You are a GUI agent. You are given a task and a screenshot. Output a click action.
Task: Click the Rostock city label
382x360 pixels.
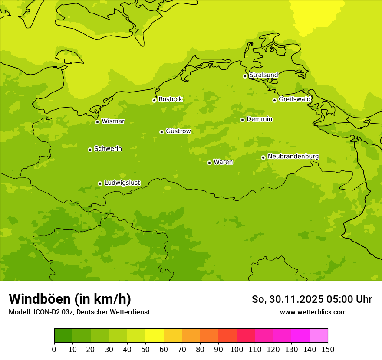click(170, 99)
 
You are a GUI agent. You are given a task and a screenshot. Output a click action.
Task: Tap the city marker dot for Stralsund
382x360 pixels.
click(245, 76)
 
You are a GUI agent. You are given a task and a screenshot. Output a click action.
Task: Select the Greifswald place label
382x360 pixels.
click(294, 99)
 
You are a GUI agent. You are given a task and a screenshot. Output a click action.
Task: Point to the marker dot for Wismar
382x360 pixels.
click(97, 122)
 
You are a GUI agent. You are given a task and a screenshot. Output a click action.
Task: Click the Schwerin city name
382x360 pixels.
click(108, 149)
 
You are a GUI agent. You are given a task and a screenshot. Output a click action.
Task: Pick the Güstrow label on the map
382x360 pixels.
click(178, 131)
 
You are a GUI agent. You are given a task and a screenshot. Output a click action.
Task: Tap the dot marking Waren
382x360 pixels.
click(209, 163)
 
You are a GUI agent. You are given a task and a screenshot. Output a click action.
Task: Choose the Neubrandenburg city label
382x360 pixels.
click(293, 157)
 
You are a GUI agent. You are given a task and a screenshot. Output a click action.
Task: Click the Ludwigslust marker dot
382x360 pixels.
click(100, 183)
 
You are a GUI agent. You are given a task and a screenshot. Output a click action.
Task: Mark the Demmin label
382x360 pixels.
click(259, 119)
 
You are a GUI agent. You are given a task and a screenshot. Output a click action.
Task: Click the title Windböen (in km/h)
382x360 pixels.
click(70, 299)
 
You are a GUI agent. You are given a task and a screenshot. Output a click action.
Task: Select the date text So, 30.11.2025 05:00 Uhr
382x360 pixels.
click(312, 299)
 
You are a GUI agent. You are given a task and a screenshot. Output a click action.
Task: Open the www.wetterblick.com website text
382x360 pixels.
click(313, 312)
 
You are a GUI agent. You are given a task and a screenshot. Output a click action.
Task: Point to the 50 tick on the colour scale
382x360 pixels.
click(145, 350)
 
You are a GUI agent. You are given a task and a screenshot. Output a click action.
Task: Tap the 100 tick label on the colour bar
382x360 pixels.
click(237, 350)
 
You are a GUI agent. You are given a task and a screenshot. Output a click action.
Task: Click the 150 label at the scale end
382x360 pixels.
click(328, 350)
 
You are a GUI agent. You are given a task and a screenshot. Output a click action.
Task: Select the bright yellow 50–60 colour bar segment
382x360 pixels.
click(155, 336)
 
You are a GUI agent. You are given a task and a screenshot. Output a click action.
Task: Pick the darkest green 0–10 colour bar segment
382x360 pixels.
click(63, 336)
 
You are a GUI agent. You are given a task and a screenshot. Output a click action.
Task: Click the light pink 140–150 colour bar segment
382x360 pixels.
click(319, 336)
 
